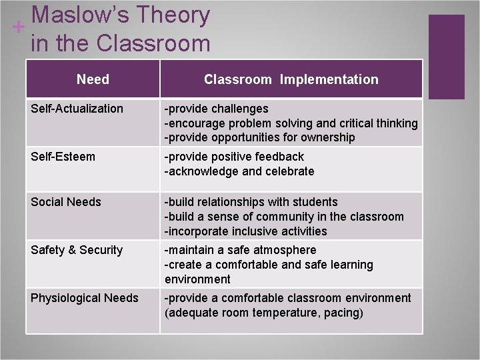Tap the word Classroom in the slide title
(x=153, y=43)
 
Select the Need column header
(x=93, y=79)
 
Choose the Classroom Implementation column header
(x=291, y=79)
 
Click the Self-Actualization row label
(x=77, y=109)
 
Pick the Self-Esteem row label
(x=63, y=157)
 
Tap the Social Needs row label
(x=65, y=202)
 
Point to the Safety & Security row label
(x=77, y=250)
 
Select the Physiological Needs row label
(x=85, y=298)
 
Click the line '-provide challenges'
(x=217, y=109)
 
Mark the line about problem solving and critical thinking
(x=291, y=123)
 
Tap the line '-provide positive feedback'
(x=234, y=157)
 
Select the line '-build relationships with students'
(x=251, y=202)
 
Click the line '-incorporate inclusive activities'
(x=246, y=231)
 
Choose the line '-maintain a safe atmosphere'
(x=241, y=250)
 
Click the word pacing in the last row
(x=340, y=313)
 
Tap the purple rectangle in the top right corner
(x=446, y=57)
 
